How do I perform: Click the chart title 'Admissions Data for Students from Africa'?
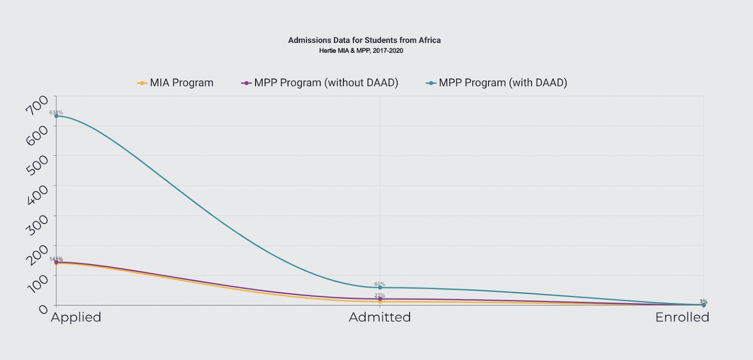[x=364, y=40]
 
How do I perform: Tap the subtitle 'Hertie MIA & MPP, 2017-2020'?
[x=361, y=51]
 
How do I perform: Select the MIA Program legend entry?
[x=176, y=83]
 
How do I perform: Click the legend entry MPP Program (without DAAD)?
[x=320, y=83]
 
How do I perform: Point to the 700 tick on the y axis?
[x=37, y=104]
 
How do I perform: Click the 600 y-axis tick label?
[x=37, y=135]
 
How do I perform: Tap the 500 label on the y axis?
[x=37, y=165]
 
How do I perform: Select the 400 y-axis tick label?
[x=37, y=194]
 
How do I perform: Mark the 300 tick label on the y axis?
[x=37, y=224]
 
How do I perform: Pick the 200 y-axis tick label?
[x=37, y=255]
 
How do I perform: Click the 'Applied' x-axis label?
[x=76, y=318]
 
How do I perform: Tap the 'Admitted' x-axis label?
[x=380, y=318]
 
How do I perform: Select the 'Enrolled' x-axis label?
[x=682, y=318]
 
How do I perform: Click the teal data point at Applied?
[x=56, y=116]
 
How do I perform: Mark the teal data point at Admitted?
[x=380, y=288]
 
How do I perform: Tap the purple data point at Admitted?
[x=380, y=299]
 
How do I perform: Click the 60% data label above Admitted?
[x=379, y=284]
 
